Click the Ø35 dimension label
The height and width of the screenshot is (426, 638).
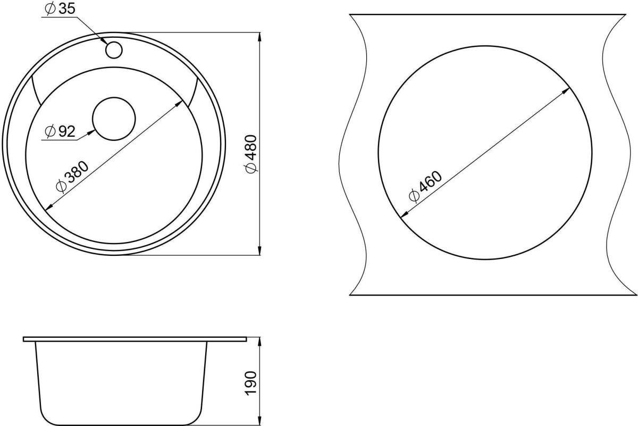tap(60, 9)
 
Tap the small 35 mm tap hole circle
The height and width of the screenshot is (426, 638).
tap(114, 50)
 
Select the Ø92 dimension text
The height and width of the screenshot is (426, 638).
tap(60, 131)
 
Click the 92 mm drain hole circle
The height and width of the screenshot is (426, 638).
tap(114, 119)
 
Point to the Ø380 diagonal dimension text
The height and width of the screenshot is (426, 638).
tap(73, 177)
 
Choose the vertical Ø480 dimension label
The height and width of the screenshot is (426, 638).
tap(251, 154)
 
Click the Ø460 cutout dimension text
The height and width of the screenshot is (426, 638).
tap(425, 186)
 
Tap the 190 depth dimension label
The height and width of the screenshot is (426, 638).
tap(251, 383)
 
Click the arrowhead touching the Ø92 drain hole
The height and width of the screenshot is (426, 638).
tap(91, 132)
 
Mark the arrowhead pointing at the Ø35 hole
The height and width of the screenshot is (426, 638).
tap(105, 41)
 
